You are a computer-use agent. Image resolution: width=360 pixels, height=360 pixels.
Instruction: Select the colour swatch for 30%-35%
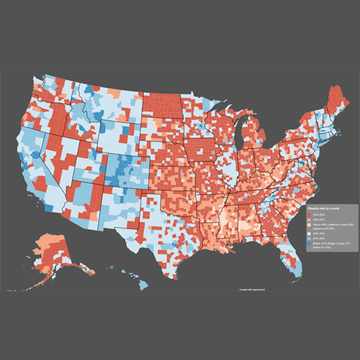coord(309,215)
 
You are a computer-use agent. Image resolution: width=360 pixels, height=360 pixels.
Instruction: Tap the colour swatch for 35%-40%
coord(309,220)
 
